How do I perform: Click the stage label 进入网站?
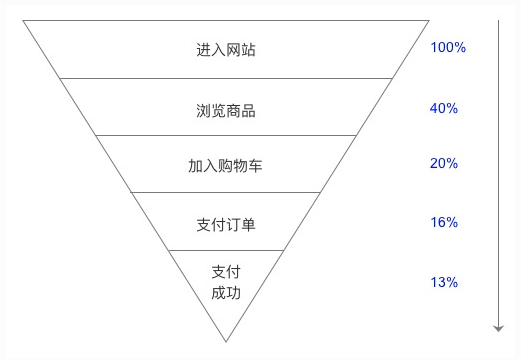[x=226, y=49]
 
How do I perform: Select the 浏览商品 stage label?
[x=226, y=109]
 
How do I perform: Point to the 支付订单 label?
[x=226, y=224]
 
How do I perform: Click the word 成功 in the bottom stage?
[x=226, y=293]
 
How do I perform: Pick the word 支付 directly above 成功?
[x=226, y=272]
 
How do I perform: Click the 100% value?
[x=448, y=48]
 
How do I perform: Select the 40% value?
[x=444, y=107]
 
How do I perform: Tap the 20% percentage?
[x=444, y=164]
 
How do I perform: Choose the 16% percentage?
[x=444, y=222]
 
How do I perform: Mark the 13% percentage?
[x=444, y=282]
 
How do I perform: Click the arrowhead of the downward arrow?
[x=498, y=328]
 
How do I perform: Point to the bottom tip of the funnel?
[x=227, y=341]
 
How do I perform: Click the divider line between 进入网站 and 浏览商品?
[x=226, y=78]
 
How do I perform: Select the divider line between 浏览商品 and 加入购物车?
[x=226, y=135]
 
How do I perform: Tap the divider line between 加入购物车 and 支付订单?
[x=226, y=192]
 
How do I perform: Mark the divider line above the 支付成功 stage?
[x=226, y=250]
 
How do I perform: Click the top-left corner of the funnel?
[x=25, y=21]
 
